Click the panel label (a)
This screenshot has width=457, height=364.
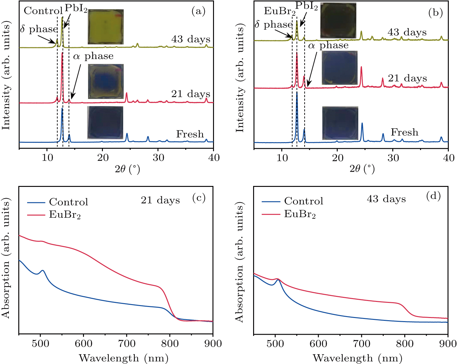[199, 11]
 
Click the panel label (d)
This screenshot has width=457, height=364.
[433, 196]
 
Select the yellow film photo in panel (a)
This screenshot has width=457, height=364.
[105, 27]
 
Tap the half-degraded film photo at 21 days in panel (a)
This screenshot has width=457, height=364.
[106, 81]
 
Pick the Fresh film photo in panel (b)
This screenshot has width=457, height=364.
[340, 123]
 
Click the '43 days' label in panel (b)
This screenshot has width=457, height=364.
[407, 32]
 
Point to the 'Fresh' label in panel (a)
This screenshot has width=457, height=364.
[190, 134]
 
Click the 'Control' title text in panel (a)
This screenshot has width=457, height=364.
[43, 11]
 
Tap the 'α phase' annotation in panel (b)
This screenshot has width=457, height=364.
[328, 46]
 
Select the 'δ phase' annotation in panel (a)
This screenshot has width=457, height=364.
[39, 29]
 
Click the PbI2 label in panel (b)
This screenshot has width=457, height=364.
[306, 6]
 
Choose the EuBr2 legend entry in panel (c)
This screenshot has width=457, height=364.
[65, 215]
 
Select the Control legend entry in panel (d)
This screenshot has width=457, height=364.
[303, 201]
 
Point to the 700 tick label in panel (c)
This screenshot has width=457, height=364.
[126, 344]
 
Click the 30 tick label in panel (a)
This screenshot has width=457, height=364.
[158, 158]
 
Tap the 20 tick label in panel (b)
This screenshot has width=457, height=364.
[337, 158]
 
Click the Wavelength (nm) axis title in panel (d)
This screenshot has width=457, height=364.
[357, 358]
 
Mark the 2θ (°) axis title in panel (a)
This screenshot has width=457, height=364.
[127, 169]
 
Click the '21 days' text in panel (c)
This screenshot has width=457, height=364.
[160, 200]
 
